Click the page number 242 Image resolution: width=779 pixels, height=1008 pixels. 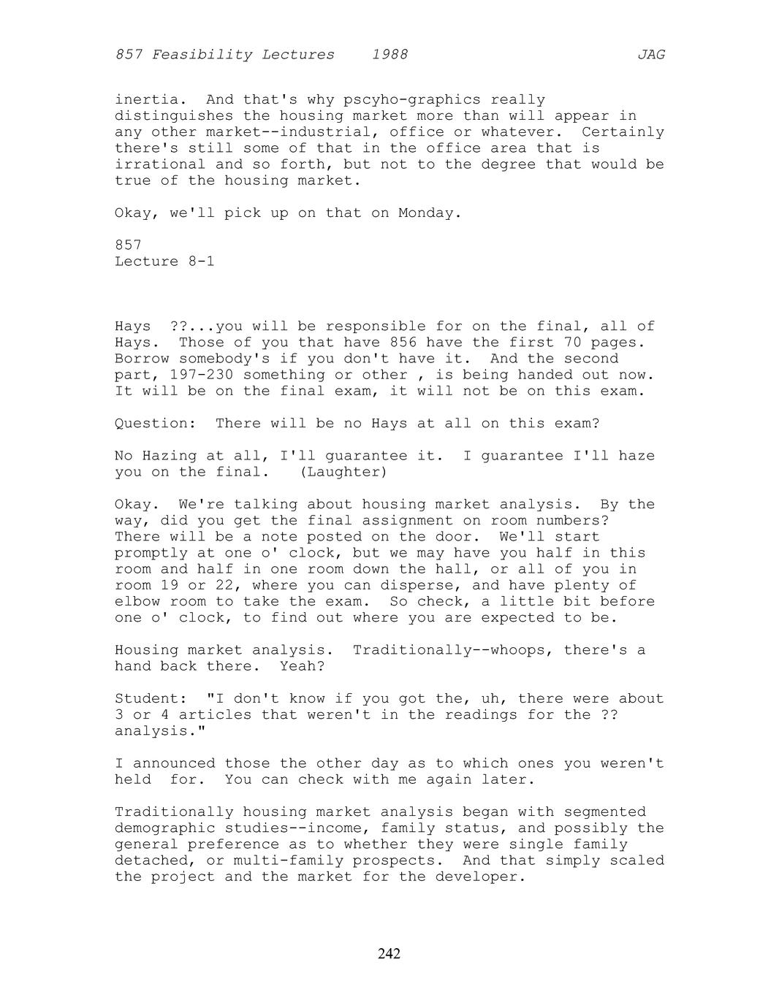[389, 953]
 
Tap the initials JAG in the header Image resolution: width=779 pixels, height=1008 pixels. [650, 55]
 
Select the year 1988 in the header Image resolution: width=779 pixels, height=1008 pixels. [389, 55]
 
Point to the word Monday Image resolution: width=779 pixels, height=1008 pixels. [430, 213]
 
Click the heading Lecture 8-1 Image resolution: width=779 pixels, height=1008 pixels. [164, 261]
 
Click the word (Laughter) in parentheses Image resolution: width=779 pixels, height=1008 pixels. [343, 472]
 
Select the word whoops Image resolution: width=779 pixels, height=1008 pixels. [517, 650]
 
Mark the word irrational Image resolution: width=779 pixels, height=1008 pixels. [159, 164]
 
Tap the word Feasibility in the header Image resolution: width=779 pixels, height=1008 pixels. [243, 55]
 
